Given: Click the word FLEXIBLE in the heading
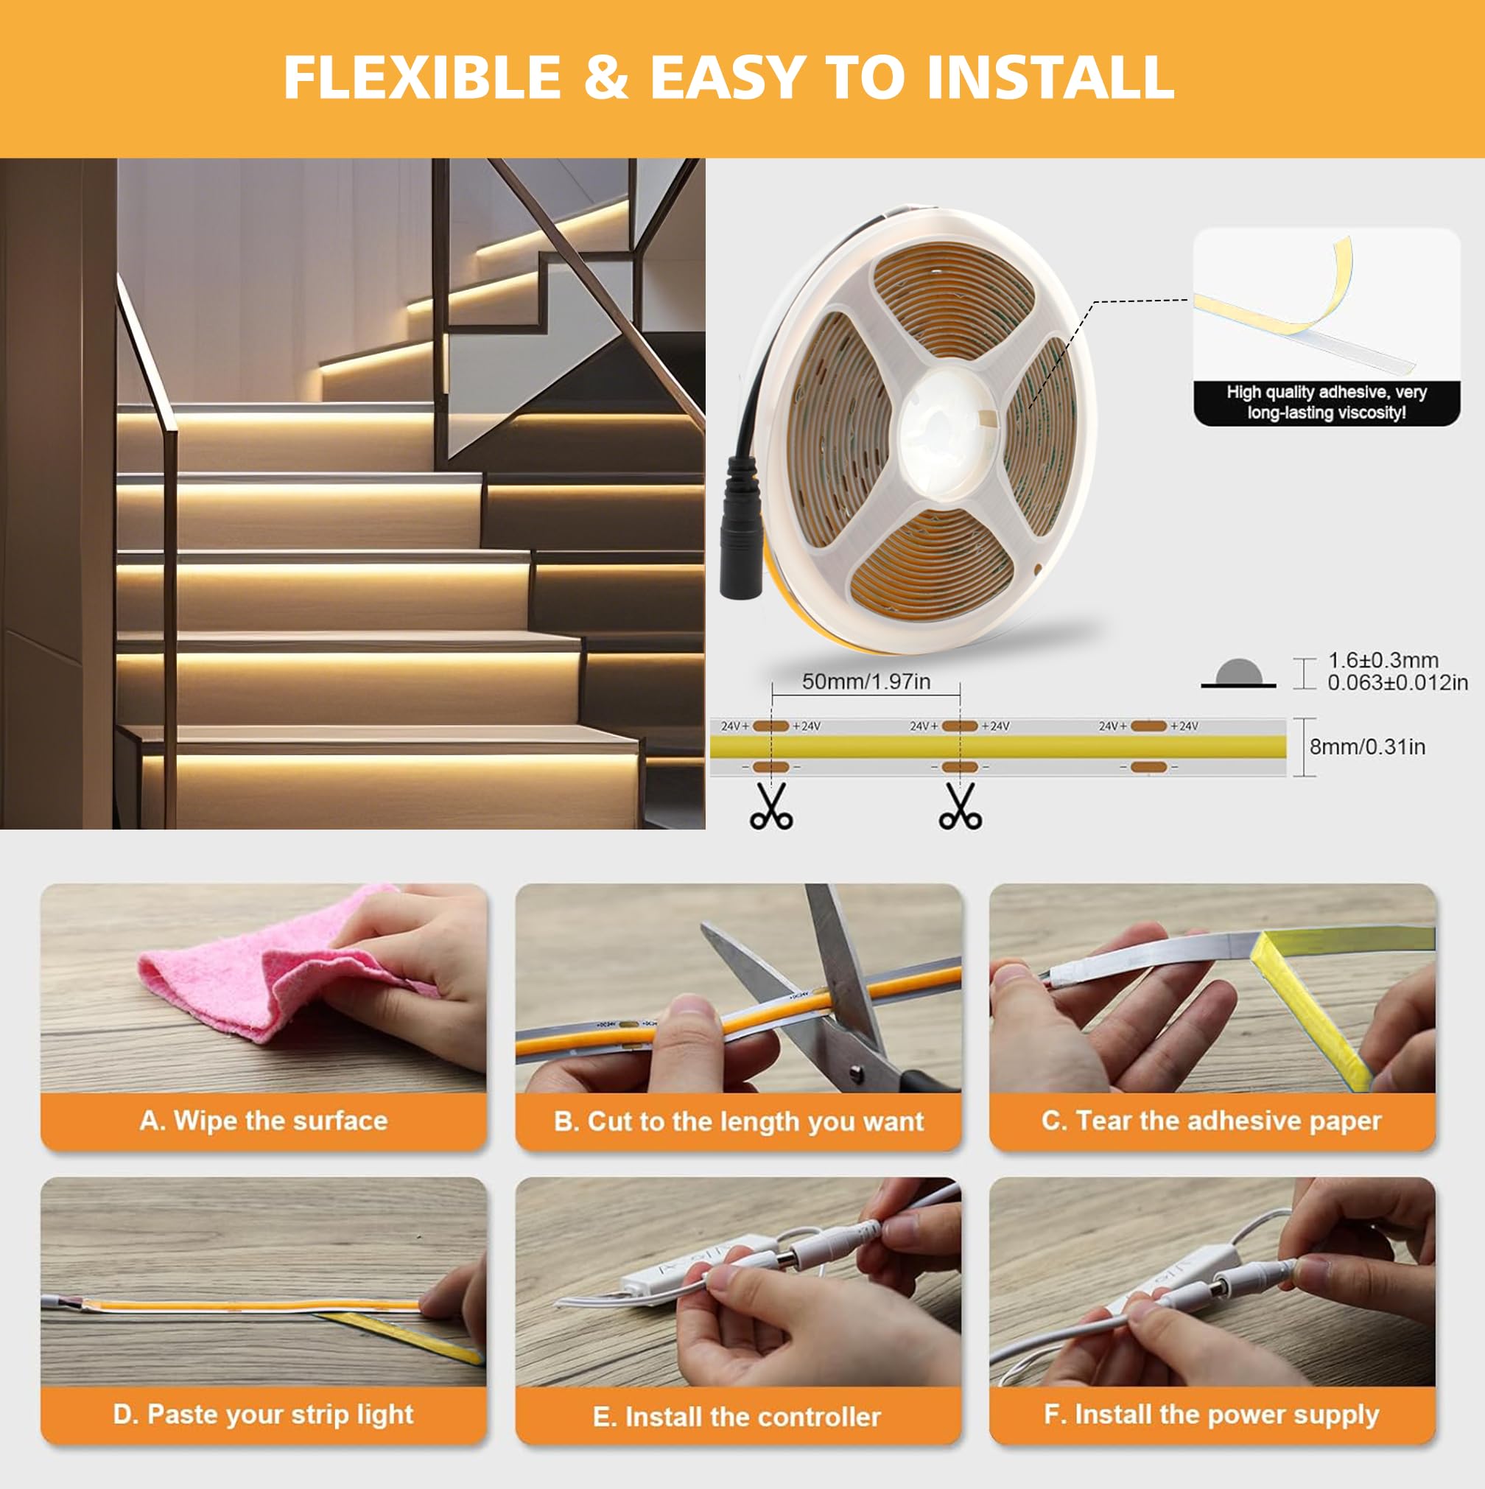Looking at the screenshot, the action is pyautogui.click(x=422, y=77).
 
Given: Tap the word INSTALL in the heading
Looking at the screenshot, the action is pyautogui.click(x=1050, y=77).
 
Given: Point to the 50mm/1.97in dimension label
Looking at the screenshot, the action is pyautogui.click(x=866, y=682).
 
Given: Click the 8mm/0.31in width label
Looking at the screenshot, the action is pyautogui.click(x=1367, y=746).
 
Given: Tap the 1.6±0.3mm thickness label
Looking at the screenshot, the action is pyautogui.click(x=1383, y=660).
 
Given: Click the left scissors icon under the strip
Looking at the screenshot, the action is pyautogui.click(x=770, y=806).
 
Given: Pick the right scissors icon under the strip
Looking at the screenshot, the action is pyautogui.click(x=961, y=806).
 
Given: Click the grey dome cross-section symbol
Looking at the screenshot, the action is pyautogui.click(x=1238, y=673).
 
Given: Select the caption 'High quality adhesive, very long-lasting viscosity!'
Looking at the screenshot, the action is pyautogui.click(x=1326, y=402).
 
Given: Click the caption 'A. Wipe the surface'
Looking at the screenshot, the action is pyautogui.click(x=264, y=1121).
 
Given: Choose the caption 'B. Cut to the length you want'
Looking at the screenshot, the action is pyautogui.click(x=738, y=1121).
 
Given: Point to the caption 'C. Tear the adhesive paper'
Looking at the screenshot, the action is pyautogui.click(x=1212, y=1121).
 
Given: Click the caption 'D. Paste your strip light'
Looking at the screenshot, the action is pyautogui.click(x=264, y=1415).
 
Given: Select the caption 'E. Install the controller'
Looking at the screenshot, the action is pyautogui.click(x=737, y=1417).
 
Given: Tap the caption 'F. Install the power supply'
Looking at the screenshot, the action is pyautogui.click(x=1212, y=1415).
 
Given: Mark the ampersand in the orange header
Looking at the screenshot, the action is pyautogui.click(x=605, y=77).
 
